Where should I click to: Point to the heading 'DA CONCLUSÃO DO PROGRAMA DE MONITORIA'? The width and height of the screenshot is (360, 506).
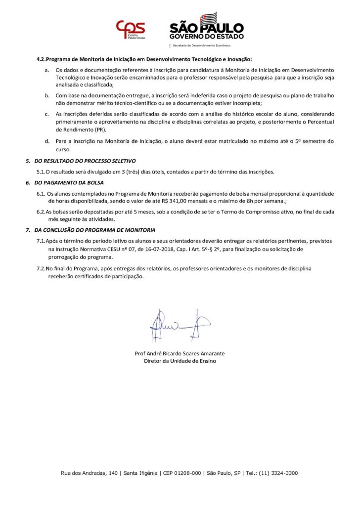(x=94, y=230)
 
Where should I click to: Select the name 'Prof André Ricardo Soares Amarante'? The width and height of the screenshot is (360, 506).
(x=180, y=353)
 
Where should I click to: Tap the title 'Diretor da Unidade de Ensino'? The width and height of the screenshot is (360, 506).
(x=180, y=361)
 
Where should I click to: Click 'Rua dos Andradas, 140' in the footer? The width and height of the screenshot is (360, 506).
(x=90, y=473)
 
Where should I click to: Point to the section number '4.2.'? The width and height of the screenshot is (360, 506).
(x=41, y=59)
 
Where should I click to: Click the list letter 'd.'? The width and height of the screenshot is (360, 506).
(x=46, y=141)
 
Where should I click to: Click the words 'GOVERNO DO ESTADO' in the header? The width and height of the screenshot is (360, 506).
(x=206, y=37)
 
